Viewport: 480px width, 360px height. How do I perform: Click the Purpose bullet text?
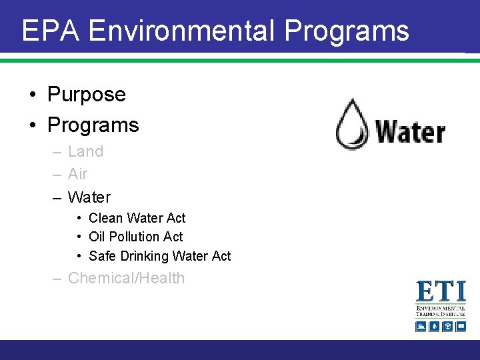[x=87, y=94]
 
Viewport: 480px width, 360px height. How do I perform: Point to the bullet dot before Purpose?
[x=33, y=95]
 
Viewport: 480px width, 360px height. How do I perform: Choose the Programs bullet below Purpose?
[x=93, y=125]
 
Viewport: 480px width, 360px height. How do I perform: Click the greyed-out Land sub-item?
[x=86, y=151]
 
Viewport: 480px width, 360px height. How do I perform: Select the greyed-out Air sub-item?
[x=78, y=174]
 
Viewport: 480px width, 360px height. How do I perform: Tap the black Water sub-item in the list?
[x=89, y=197]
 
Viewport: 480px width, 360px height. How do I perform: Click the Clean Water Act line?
[x=137, y=218]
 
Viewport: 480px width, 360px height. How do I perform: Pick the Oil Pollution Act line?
[x=136, y=237]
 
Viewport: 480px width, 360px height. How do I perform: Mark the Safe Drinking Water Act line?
[x=160, y=256]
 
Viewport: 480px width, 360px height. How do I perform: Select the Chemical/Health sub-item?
[x=127, y=278]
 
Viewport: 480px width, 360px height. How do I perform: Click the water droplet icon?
[x=351, y=124]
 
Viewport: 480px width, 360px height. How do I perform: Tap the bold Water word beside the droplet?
[x=410, y=131]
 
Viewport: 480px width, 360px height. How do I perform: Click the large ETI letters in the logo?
[x=441, y=292]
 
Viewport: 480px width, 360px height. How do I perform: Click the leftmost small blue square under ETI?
[x=421, y=326]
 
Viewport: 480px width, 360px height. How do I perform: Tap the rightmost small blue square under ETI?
[x=460, y=326]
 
